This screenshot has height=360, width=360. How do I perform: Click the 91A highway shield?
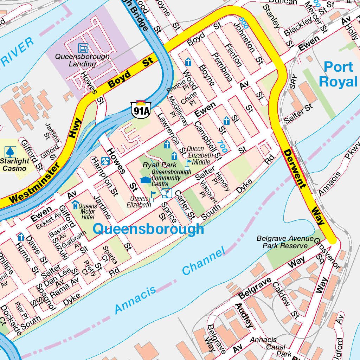click(141, 109)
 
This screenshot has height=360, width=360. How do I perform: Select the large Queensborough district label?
click(148, 229)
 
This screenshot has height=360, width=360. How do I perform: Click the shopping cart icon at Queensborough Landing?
click(83, 47)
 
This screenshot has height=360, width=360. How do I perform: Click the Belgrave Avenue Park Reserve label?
click(284, 242)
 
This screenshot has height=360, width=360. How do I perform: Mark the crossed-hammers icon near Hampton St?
click(105, 161)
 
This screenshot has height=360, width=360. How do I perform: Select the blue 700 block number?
click(221, 146)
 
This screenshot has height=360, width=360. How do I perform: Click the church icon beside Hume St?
click(21, 237)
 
